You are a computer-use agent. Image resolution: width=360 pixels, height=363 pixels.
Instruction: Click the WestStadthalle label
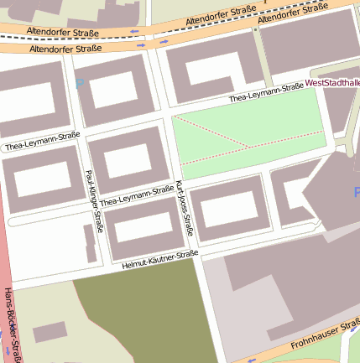coord(332,84)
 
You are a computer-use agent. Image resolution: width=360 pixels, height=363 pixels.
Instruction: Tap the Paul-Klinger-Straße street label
coord(94,200)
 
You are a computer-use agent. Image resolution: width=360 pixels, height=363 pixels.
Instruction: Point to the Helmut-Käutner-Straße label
coord(159,259)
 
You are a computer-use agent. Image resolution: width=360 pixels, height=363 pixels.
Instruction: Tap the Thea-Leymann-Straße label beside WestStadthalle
coord(266,93)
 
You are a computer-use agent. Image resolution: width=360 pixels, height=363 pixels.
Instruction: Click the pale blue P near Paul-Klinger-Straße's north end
coord(80,83)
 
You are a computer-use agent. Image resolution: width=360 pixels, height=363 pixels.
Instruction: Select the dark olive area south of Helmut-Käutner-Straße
coord(143,319)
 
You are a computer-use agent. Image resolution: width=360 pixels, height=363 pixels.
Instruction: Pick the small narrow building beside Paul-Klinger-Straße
coord(90,243)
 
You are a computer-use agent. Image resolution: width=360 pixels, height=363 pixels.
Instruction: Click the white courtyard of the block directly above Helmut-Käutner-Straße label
coord(144,226)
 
